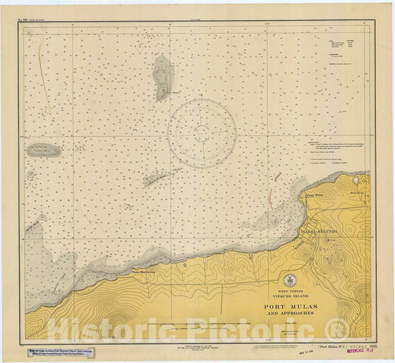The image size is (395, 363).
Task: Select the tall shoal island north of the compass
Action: coord(162,77)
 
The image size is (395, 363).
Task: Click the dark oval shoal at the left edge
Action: coord(43,150)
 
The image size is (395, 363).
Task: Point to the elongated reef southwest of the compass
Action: coord(160,178)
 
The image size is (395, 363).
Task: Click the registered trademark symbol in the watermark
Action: coord(342,326)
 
